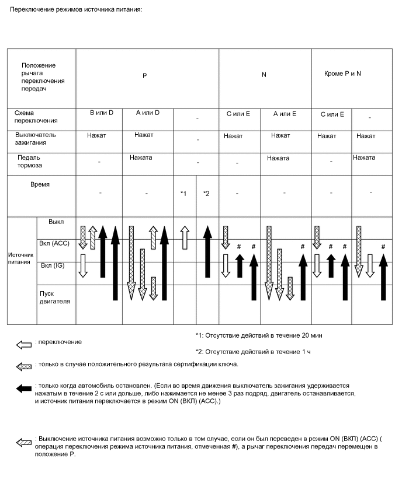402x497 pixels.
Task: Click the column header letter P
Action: pos(145,76)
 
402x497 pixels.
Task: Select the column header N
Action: pos(264,75)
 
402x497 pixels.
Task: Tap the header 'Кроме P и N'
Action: pos(342,73)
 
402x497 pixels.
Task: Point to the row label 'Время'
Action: pos(40,184)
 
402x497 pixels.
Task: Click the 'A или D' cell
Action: pos(147,113)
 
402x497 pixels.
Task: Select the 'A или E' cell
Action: pos(285,114)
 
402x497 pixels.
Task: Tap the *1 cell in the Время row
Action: pos(183,193)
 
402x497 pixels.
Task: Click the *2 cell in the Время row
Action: pos(206,193)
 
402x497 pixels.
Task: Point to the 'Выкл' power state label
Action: pos(56,222)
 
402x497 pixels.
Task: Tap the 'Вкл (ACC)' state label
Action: pos(56,243)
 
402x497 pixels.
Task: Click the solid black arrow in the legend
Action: pos(24,389)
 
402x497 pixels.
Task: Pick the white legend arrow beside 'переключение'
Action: pos(24,345)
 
